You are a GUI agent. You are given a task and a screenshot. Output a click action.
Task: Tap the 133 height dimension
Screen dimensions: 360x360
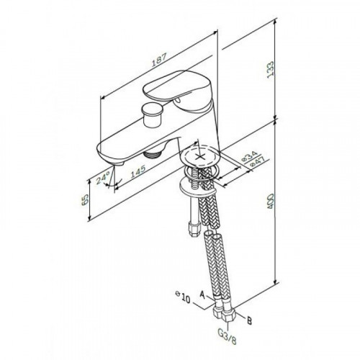[x=271, y=69]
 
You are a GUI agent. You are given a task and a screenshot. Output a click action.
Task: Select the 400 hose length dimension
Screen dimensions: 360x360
[x=271, y=201]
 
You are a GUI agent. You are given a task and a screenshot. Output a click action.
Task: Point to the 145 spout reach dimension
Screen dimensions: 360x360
[x=138, y=171]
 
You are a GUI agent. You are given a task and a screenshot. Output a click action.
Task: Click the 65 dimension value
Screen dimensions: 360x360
[x=85, y=199]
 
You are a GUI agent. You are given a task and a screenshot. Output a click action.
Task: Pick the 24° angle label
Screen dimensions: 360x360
[x=104, y=177]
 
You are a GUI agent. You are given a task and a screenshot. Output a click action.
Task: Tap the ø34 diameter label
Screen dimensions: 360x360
[x=249, y=156]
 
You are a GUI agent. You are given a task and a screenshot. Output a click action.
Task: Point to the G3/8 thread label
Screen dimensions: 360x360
[x=227, y=336]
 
